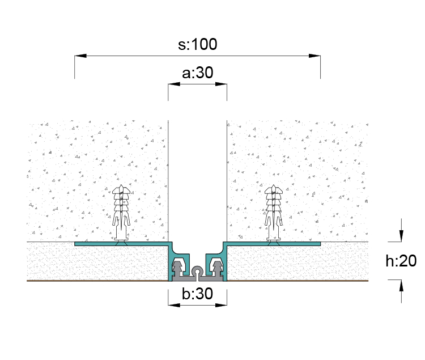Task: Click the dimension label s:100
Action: point(197,44)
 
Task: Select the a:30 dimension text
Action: point(198,73)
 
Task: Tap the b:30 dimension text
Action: point(197,294)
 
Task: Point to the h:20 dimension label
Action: point(401,261)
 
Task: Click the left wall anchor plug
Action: point(121,213)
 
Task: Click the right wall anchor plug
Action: point(274,213)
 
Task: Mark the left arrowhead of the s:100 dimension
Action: point(80,56)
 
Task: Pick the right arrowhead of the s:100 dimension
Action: point(314,56)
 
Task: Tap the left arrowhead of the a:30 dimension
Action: point(174,84)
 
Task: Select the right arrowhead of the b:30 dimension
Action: point(221,305)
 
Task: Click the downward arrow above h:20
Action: point(401,235)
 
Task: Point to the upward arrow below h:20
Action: point(401,286)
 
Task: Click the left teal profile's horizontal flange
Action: point(122,244)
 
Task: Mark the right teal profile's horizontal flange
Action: point(273,244)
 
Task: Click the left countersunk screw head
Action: point(121,243)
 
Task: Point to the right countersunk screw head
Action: point(274,243)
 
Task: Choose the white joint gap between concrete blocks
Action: point(197,180)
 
